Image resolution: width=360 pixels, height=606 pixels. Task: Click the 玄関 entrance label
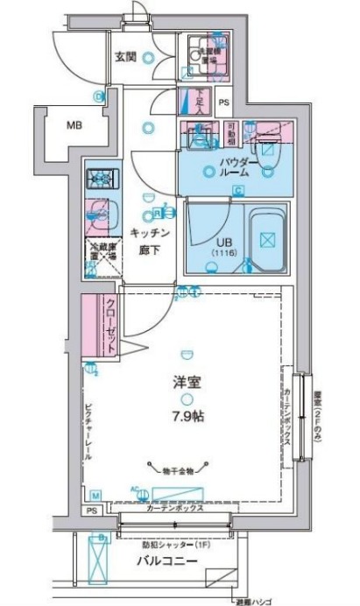[124, 57]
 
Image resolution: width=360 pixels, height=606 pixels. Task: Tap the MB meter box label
[76, 125]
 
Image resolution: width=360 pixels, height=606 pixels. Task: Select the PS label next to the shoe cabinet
[223, 102]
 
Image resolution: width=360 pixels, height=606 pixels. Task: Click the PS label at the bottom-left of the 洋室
[92, 510]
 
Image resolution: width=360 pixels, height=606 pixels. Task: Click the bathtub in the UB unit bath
[270, 237]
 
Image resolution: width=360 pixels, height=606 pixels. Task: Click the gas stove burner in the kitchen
[101, 179]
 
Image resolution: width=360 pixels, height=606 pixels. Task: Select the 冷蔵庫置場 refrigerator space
[102, 257]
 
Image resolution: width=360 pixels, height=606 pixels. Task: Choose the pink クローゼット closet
[99, 326]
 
